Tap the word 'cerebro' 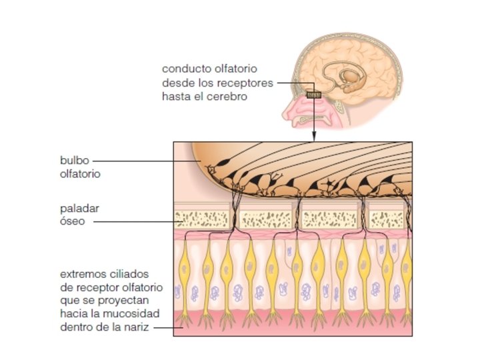[x=226, y=96]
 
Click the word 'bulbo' [x=72, y=161]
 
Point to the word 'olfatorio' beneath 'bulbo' [x=79, y=174]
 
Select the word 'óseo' [x=73, y=221]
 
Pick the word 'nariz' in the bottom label [x=142, y=327]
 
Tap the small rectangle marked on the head [x=313, y=95]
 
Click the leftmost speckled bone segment [x=203, y=217]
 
